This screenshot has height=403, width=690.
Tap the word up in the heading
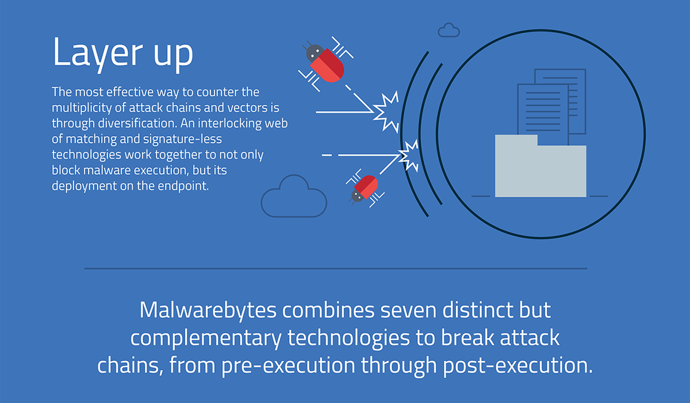174,55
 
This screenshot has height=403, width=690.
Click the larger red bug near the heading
325,64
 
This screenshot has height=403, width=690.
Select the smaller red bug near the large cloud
365,188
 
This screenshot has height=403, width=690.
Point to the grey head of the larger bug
314,53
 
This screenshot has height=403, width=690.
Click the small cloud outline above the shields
449,30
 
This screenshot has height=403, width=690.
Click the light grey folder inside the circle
540,166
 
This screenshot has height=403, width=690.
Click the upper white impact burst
386,112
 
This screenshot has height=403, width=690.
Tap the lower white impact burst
409,156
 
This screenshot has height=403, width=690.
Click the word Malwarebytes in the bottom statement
208,310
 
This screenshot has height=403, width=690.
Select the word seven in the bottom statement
408,310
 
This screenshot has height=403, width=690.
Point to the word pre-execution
288,366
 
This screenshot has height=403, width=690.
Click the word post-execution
517,366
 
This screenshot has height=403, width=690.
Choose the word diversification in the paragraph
137,123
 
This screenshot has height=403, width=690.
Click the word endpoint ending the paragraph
183,186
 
